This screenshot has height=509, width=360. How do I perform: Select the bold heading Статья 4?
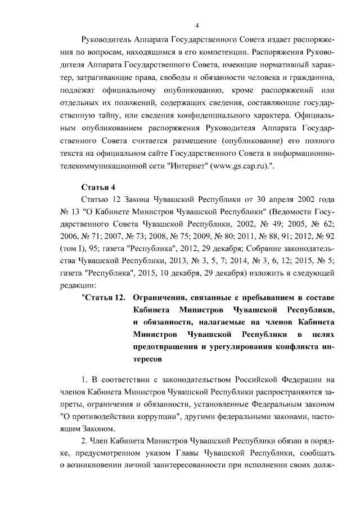pos(98,187)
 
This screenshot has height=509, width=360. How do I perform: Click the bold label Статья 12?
pos(106,298)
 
